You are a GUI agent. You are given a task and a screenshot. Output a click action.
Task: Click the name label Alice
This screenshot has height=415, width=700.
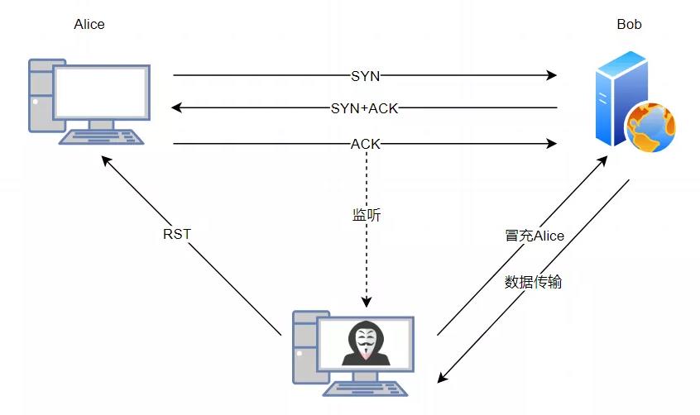(89, 24)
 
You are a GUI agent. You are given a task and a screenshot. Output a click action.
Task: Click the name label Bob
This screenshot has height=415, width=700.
(629, 24)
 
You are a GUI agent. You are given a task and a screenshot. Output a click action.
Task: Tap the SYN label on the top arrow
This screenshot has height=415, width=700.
(365, 75)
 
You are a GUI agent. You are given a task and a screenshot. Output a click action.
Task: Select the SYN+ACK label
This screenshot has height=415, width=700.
(365, 108)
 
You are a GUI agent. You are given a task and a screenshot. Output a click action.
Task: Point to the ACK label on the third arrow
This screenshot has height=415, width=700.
(365, 144)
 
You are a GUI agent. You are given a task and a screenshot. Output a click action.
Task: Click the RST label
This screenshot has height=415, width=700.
(177, 234)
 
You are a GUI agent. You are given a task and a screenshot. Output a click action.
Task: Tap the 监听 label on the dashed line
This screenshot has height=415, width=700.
(367, 215)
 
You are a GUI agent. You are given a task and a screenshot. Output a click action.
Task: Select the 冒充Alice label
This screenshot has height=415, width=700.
(534, 236)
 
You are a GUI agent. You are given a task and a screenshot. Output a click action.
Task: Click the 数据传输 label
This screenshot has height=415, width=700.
(534, 281)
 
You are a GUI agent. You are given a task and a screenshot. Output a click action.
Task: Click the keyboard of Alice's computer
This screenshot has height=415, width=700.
(101, 137)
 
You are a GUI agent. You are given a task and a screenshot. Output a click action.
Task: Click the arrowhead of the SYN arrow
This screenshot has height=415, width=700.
(551, 75)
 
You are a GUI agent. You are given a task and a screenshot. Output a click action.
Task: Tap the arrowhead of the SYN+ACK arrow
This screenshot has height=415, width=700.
(176, 108)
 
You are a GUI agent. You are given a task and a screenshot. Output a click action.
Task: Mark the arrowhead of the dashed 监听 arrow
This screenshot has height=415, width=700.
(365, 302)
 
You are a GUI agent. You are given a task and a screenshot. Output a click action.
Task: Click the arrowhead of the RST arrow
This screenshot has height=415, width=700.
(105, 159)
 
